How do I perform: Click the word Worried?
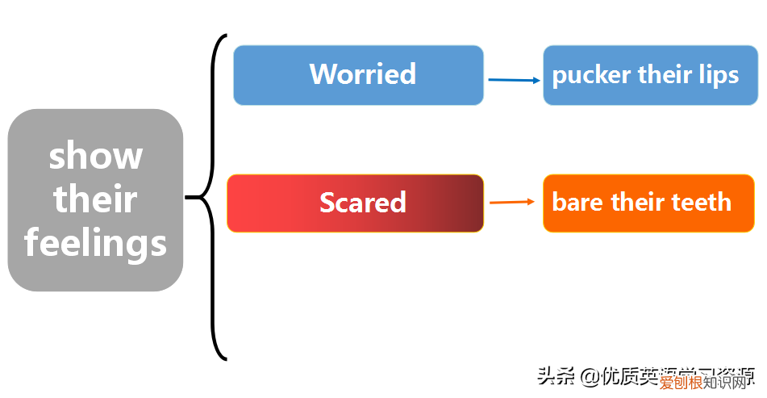pos(362,74)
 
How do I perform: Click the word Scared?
pos(362,202)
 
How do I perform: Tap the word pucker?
pos(591,76)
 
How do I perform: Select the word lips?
pos(719,75)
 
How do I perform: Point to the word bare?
pos(578,202)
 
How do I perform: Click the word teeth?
pos(702,202)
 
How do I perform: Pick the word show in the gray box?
pos(95,156)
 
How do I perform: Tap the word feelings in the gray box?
pos(95,243)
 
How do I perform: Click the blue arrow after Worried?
pos(514,80)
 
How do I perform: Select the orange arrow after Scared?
pos(512,202)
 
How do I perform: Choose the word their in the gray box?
pos(95,199)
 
